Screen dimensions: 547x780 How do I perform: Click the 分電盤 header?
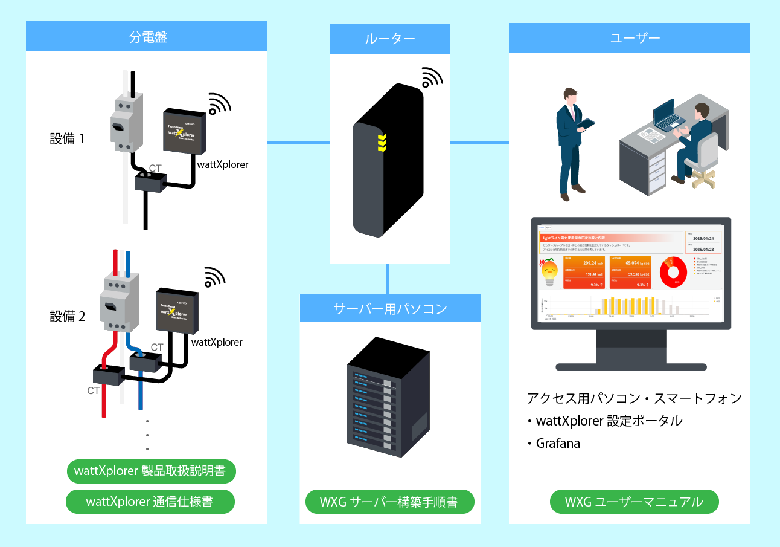pos(147,36)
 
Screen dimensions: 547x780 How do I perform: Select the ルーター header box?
pos(390,39)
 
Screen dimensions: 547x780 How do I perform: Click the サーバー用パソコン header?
pos(390,308)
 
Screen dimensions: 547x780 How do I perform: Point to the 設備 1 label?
pos(67,138)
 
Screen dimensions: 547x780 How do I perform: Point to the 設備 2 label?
pos(67,316)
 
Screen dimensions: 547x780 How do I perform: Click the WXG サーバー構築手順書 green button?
pos(390,502)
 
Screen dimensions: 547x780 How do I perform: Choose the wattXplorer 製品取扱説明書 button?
pos(150,471)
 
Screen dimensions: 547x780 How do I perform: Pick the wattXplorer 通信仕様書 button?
pos(150,502)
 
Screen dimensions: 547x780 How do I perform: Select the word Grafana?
pos(558,443)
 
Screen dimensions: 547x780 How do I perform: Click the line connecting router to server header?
pos(387,279)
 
